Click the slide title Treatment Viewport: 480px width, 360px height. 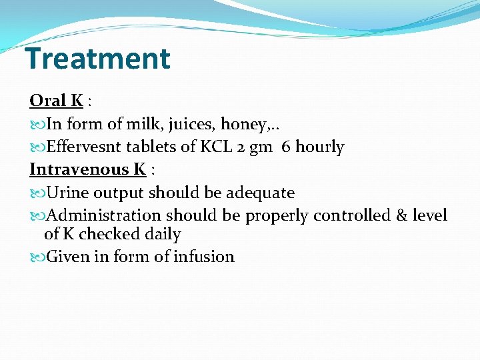(x=98, y=59)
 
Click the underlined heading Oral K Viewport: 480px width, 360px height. (x=56, y=101)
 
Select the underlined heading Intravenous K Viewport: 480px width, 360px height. (x=87, y=169)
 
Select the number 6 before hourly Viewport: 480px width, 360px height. (x=286, y=147)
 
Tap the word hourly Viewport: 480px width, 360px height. (x=320, y=147)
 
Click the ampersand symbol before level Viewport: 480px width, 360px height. (x=401, y=215)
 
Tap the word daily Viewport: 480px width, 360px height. (x=161, y=234)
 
